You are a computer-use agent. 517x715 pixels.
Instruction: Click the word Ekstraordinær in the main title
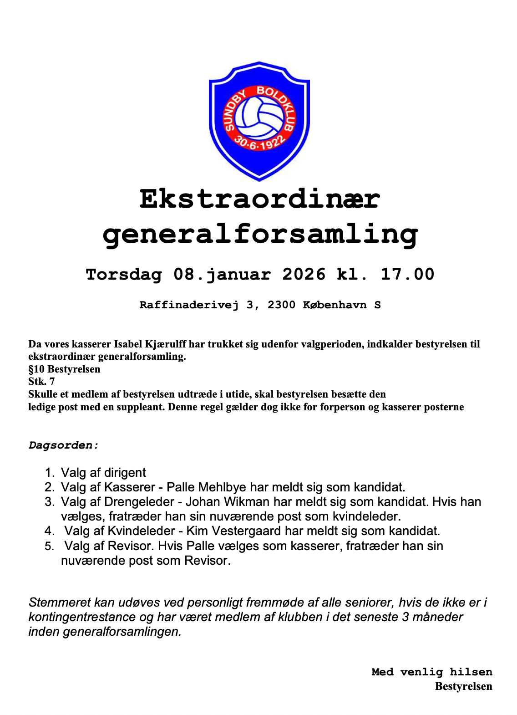(x=259, y=199)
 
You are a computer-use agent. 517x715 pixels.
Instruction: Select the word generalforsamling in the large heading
(x=260, y=235)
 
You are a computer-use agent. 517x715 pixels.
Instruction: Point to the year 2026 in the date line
(x=304, y=274)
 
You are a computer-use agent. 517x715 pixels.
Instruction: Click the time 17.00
(x=407, y=274)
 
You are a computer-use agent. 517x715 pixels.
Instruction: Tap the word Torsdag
(x=124, y=275)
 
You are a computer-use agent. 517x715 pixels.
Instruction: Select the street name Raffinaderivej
(x=188, y=305)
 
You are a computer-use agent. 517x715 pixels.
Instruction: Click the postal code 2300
(x=281, y=305)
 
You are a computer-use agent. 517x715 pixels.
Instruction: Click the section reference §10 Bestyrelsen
(x=64, y=369)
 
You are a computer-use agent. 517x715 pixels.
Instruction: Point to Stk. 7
(x=41, y=382)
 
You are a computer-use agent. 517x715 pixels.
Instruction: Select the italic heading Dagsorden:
(x=63, y=445)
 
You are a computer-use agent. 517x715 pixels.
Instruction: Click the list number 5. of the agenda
(x=50, y=546)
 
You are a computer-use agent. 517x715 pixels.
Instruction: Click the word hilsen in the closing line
(x=471, y=672)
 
